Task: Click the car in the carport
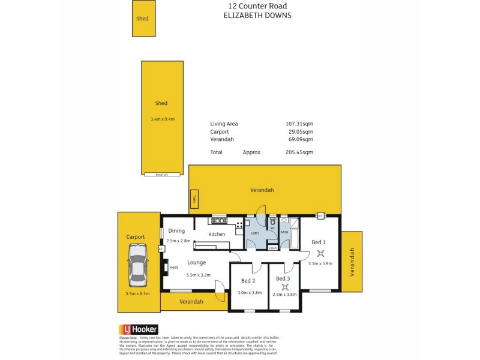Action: [138, 271]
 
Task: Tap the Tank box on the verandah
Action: [194, 200]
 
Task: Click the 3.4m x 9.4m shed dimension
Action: [162, 119]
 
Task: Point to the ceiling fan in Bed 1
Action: [321, 253]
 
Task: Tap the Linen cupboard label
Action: [272, 247]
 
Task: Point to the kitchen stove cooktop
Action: [239, 226]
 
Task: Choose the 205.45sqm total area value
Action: [299, 152]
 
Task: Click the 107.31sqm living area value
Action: [299, 124]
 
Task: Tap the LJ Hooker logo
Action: [139, 329]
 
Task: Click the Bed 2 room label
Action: [248, 281]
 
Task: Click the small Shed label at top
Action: [142, 19]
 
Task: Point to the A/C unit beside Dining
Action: [161, 248]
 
